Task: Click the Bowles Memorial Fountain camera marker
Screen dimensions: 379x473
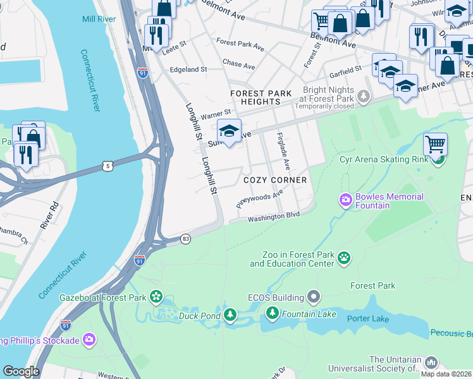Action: [345, 201]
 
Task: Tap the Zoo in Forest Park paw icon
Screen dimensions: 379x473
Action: [344, 257]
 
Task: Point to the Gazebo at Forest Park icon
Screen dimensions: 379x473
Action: [156, 297]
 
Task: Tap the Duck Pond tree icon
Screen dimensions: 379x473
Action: [231, 314]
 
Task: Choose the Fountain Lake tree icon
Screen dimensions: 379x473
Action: [273, 313]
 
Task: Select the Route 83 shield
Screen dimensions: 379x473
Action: [185, 239]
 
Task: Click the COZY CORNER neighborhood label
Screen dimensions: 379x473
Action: [275, 180]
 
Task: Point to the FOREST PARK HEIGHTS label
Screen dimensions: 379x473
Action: [261, 97]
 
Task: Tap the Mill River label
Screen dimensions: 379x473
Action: [99, 20]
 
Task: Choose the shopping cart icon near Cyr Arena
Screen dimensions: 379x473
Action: [435, 145]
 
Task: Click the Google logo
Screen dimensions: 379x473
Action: [21, 371]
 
